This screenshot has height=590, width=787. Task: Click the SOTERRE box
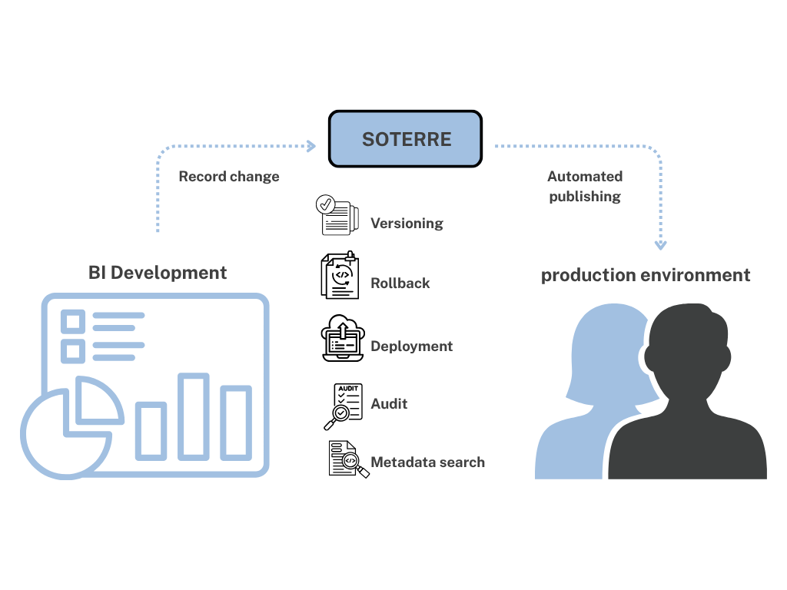pos(405,139)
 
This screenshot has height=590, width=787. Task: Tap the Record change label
pos(229,177)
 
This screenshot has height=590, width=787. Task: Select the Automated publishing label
pos(585,186)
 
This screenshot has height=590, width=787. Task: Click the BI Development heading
pos(158,273)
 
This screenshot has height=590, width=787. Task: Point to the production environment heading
pos(646,275)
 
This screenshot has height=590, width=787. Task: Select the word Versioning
pos(407,224)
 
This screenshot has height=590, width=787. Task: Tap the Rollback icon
pos(340,275)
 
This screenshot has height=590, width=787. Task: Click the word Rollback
pos(400,283)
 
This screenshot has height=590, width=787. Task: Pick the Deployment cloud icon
pos(341,338)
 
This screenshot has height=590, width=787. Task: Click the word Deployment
pos(411,346)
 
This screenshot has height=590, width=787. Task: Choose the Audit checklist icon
pos(343,405)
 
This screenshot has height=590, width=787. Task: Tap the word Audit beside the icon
pos(389,404)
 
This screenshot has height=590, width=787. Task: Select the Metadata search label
pos(427,462)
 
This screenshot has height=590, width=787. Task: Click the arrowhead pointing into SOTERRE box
pos(310,146)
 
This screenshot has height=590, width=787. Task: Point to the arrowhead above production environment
pos(660,245)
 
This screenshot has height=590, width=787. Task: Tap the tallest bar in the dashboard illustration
pos(194,416)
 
